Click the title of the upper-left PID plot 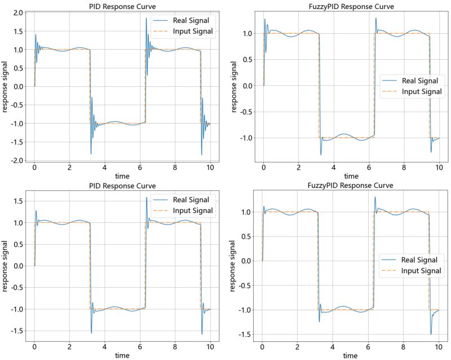tap(122, 6)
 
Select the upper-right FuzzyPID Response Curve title tap(351, 6)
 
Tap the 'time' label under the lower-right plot tap(350, 355)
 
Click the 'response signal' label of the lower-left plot tap(5, 266)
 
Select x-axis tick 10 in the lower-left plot tap(210, 346)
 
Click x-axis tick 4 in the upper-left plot tap(104, 168)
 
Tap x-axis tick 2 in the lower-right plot tap(297, 346)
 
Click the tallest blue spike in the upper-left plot tap(147, 19)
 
